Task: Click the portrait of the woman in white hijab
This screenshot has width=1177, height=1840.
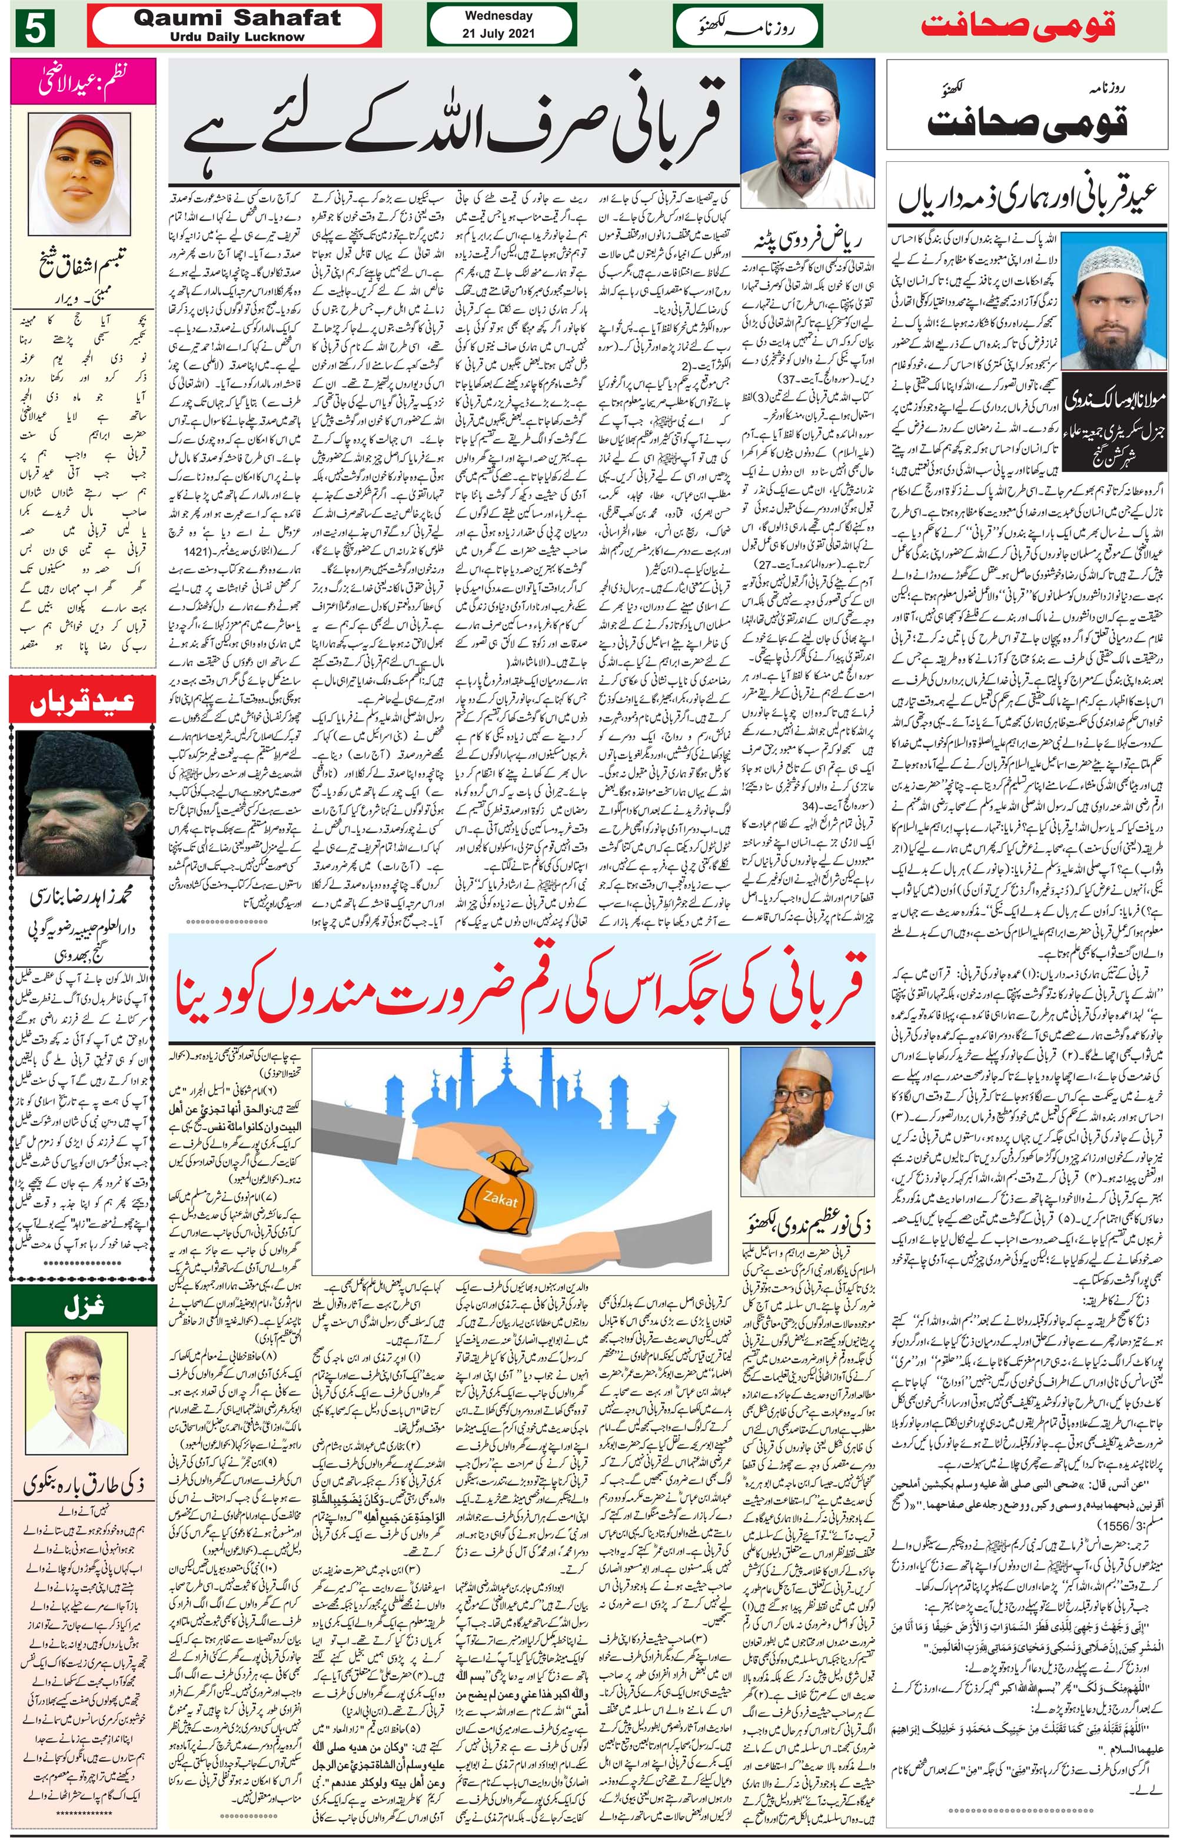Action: pyautogui.click(x=82, y=162)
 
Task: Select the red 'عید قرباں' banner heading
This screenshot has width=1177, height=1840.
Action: pyautogui.click(x=82, y=702)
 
